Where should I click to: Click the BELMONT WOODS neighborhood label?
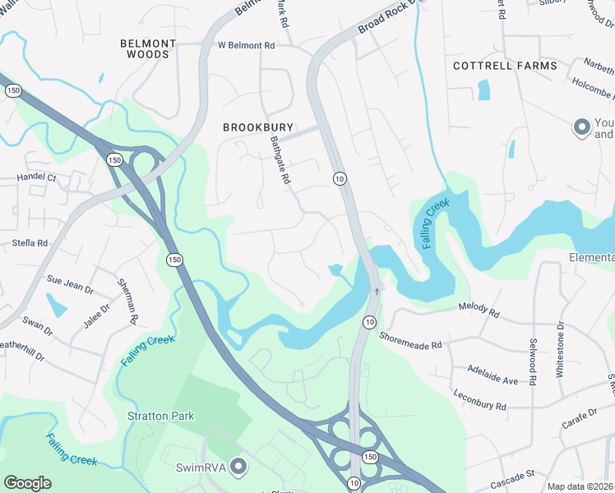(x=148, y=48)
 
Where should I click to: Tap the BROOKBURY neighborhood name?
(x=257, y=128)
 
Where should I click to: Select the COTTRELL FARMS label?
(x=505, y=66)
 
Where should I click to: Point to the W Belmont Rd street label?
(x=246, y=46)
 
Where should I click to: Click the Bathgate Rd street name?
(x=281, y=161)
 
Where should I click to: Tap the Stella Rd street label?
(x=30, y=243)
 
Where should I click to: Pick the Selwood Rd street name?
(x=533, y=365)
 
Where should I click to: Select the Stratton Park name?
(x=161, y=416)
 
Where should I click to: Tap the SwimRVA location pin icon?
(x=239, y=467)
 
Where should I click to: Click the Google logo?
(x=28, y=483)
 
